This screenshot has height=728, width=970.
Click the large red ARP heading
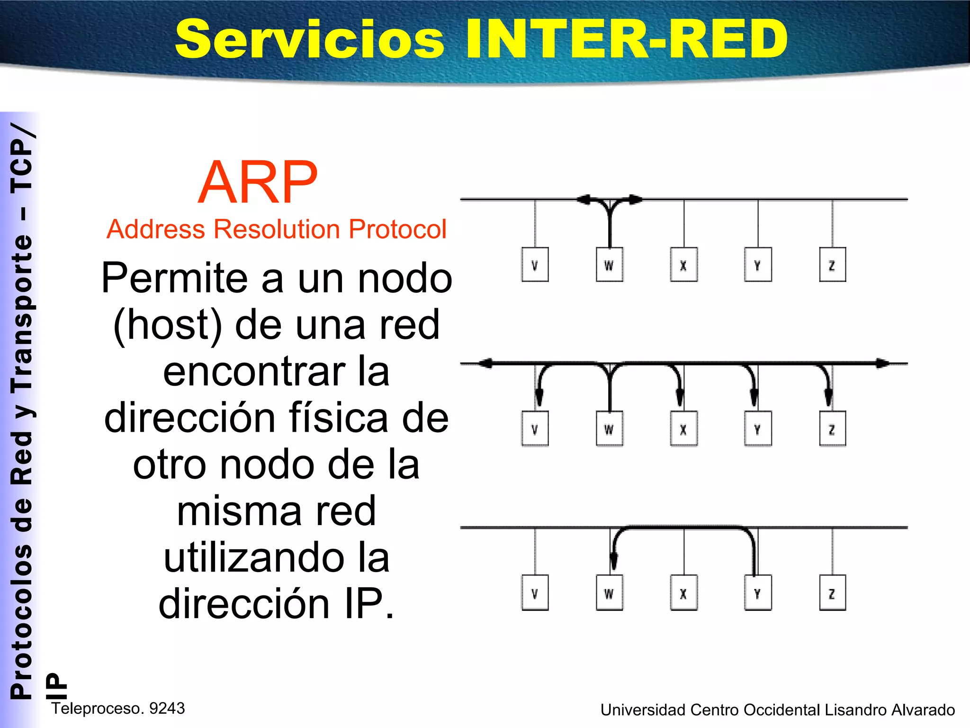[258, 182]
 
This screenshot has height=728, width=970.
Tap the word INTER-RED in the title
[626, 39]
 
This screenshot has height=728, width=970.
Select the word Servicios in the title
[310, 40]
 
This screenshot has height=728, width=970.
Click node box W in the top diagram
[609, 265]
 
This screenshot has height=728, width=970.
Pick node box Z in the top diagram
[832, 265]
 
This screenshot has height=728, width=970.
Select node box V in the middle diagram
[535, 429]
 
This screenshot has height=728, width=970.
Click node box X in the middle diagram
[683, 429]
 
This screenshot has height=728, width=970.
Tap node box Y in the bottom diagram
[758, 593]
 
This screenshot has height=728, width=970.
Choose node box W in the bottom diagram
[609, 593]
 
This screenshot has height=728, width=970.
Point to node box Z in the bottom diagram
[832, 593]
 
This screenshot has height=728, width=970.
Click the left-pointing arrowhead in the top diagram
[584, 200]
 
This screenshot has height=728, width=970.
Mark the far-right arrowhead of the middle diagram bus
[883, 364]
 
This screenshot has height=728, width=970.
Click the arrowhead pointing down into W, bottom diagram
[614, 562]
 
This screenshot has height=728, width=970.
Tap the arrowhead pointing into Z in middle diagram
[828, 396]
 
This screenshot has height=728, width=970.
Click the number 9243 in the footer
[167, 708]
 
